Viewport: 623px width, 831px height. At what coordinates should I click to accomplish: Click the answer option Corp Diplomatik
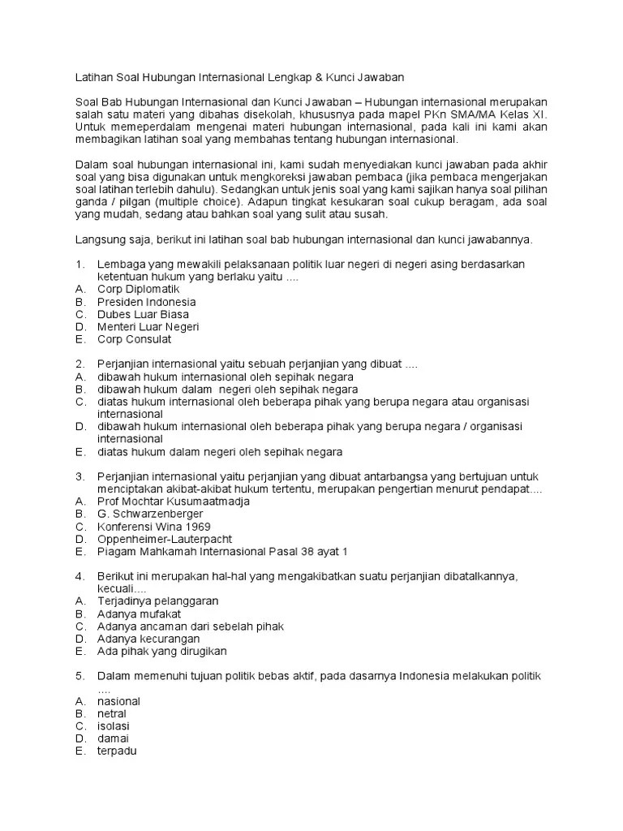[x=138, y=289]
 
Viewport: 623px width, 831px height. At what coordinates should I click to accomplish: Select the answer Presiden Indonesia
[x=147, y=302]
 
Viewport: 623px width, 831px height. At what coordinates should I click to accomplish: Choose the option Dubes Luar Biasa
[x=143, y=314]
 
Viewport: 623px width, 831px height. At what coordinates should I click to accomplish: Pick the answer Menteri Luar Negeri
[x=148, y=327]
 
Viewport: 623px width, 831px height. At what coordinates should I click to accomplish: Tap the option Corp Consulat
[x=134, y=339]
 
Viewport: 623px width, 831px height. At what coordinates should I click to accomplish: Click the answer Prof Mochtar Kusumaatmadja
[x=173, y=502]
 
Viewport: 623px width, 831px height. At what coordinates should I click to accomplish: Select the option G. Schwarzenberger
[x=150, y=514]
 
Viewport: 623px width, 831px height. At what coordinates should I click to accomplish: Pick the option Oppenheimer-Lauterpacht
[x=165, y=539]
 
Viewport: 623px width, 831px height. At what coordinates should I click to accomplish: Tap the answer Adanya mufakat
[x=139, y=614]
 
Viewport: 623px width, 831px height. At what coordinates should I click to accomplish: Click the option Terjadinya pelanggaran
[x=157, y=601]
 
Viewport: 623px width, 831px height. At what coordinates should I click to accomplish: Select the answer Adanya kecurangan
[x=148, y=639]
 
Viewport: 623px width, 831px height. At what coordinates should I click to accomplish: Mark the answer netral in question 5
[x=112, y=714]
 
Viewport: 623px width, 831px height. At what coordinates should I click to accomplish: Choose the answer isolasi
[x=113, y=726]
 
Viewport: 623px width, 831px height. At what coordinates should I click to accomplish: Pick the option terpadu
[x=117, y=751]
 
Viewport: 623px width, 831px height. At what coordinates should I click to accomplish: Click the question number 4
[x=79, y=576]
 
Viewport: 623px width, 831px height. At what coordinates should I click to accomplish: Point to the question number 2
[x=79, y=364]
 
